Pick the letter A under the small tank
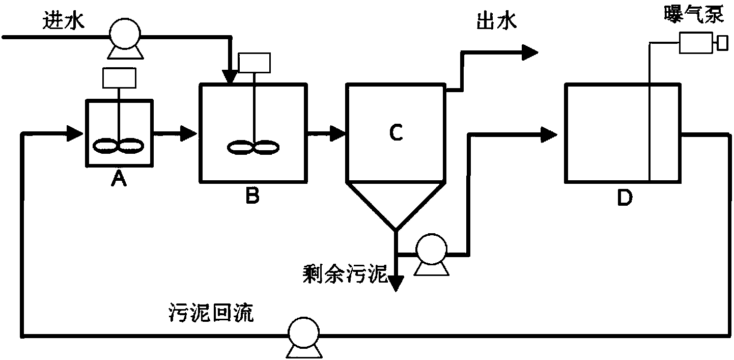[x=119, y=179]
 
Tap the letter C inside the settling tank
[x=396, y=133]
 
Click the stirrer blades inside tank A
[x=119, y=146]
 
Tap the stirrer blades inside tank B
[x=253, y=148]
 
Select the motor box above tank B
[x=255, y=63]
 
